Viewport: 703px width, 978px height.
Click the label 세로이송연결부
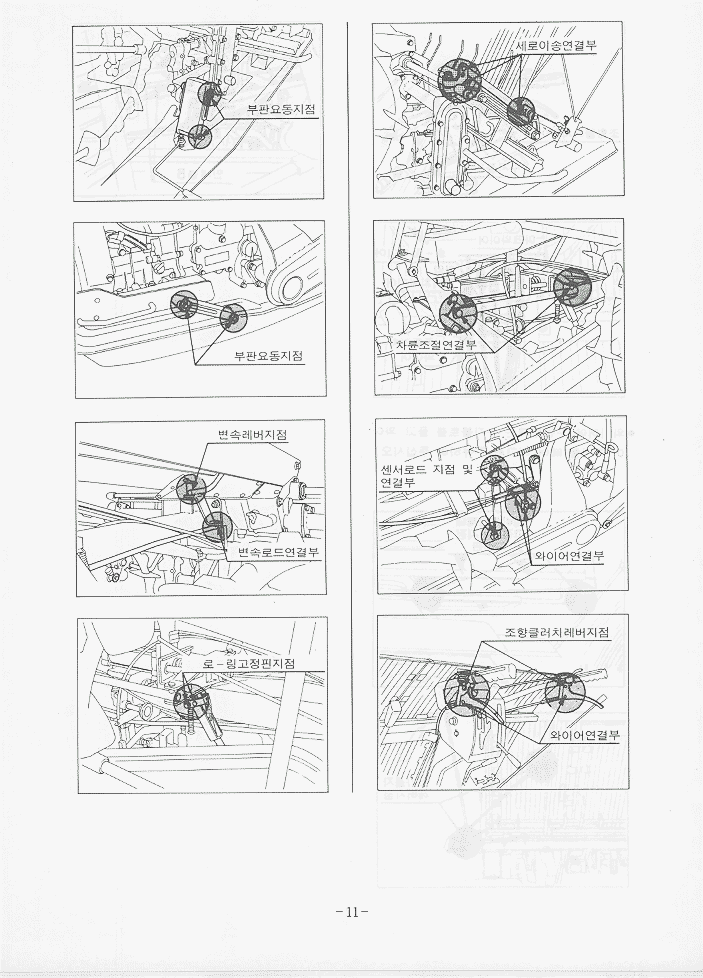click(x=557, y=46)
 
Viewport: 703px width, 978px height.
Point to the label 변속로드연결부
click(x=279, y=552)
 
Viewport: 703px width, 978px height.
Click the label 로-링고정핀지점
click(x=249, y=664)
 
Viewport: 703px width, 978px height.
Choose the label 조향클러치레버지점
click(x=556, y=632)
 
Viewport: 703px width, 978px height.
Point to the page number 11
click(x=352, y=912)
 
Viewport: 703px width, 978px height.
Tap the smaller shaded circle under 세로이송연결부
click(x=520, y=111)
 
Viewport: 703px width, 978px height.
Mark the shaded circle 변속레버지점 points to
click(x=190, y=488)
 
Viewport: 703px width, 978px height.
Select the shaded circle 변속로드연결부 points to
click(x=217, y=526)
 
